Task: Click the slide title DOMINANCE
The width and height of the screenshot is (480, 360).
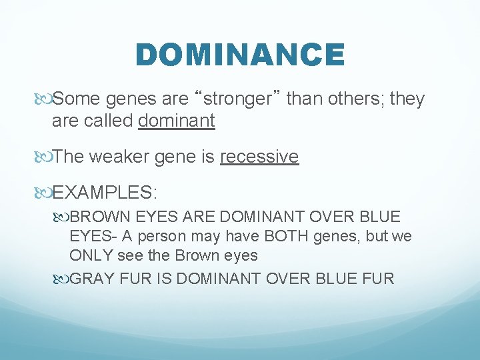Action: pyautogui.click(x=240, y=55)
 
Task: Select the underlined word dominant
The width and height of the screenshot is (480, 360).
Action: pyautogui.click(x=177, y=121)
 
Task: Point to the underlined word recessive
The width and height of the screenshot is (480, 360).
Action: pyautogui.click(x=259, y=157)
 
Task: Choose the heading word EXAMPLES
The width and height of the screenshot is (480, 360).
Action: pyautogui.click(x=104, y=193)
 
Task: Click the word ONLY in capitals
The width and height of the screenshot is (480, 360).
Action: pyautogui.click(x=91, y=256)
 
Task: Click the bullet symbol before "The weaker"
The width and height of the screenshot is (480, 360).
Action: pyautogui.click(x=43, y=157)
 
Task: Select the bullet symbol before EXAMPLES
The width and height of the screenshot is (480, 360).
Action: pyautogui.click(x=43, y=193)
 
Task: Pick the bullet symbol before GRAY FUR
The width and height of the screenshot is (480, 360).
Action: pyautogui.click(x=61, y=279)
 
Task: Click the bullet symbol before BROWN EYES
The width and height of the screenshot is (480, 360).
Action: pyautogui.click(x=61, y=217)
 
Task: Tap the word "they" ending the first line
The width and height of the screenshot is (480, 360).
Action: pyautogui.click(x=408, y=99)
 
